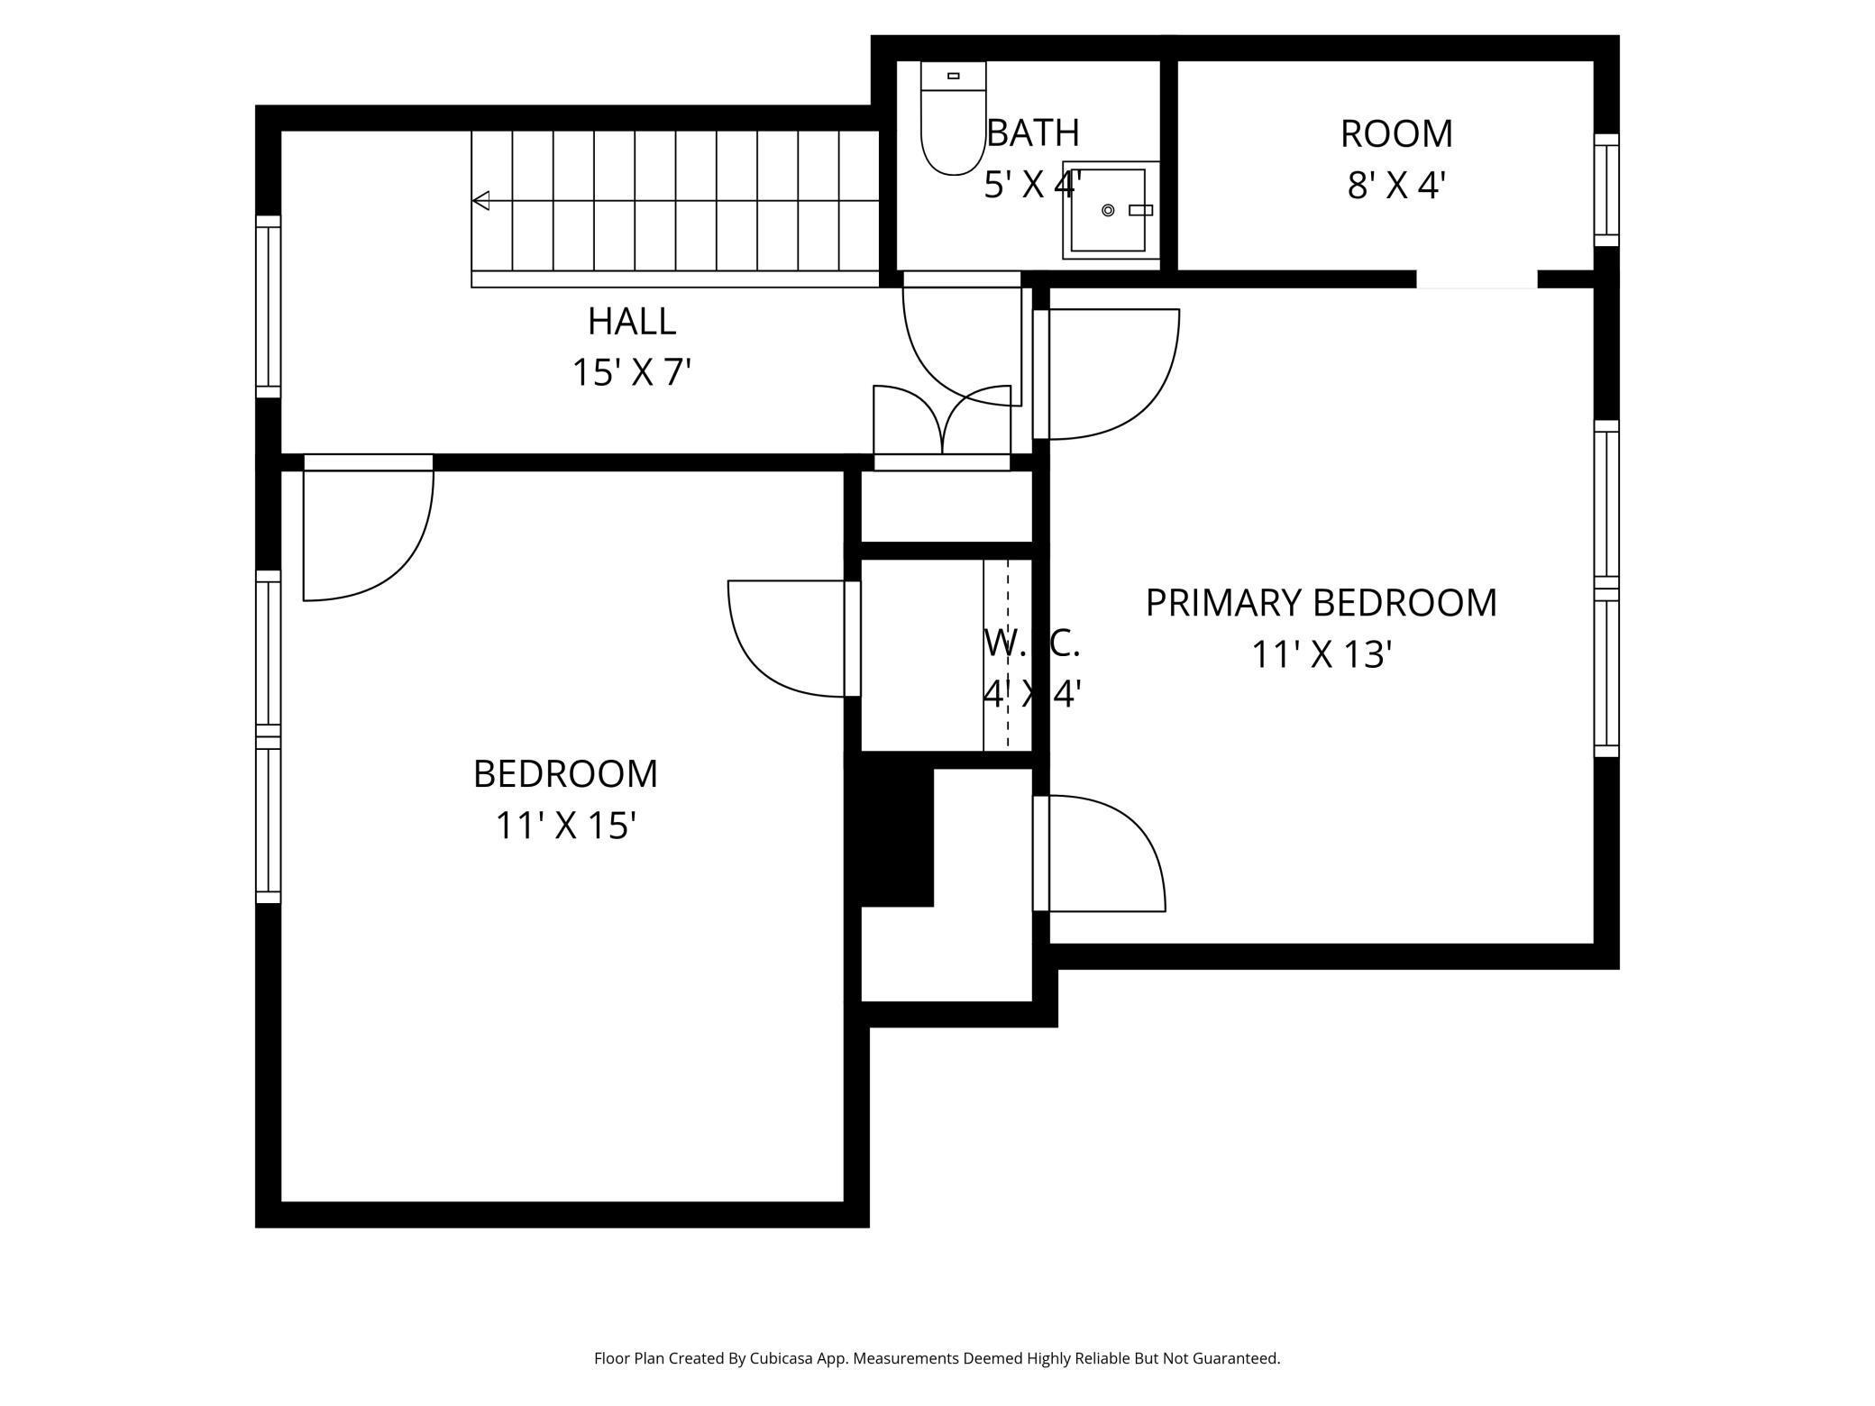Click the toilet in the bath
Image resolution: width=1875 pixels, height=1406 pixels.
coord(954,118)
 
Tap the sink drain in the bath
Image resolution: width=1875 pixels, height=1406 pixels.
coord(1108,210)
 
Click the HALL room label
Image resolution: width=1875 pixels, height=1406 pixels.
coord(631,322)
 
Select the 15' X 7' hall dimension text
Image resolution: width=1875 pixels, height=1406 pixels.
coord(631,372)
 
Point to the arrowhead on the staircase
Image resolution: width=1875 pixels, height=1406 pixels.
coord(481,200)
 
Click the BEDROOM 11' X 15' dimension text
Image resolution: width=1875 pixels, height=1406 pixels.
coord(566,825)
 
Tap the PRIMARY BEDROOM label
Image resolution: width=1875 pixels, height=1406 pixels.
coord(1321,603)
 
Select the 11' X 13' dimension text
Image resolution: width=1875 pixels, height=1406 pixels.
coord(1322,654)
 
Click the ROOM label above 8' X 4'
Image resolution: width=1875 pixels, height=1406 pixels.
coord(1396,134)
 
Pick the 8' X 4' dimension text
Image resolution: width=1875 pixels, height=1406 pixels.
coord(1396,186)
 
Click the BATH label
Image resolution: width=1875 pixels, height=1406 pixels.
coord(1033,133)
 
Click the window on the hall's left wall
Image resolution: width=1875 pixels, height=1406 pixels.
coord(269,306)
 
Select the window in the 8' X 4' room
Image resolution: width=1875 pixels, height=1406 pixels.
coord(1606,189)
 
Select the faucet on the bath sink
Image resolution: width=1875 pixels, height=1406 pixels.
coord(1141,210)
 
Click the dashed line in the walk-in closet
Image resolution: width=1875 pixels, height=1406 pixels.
coord(1008,654)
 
